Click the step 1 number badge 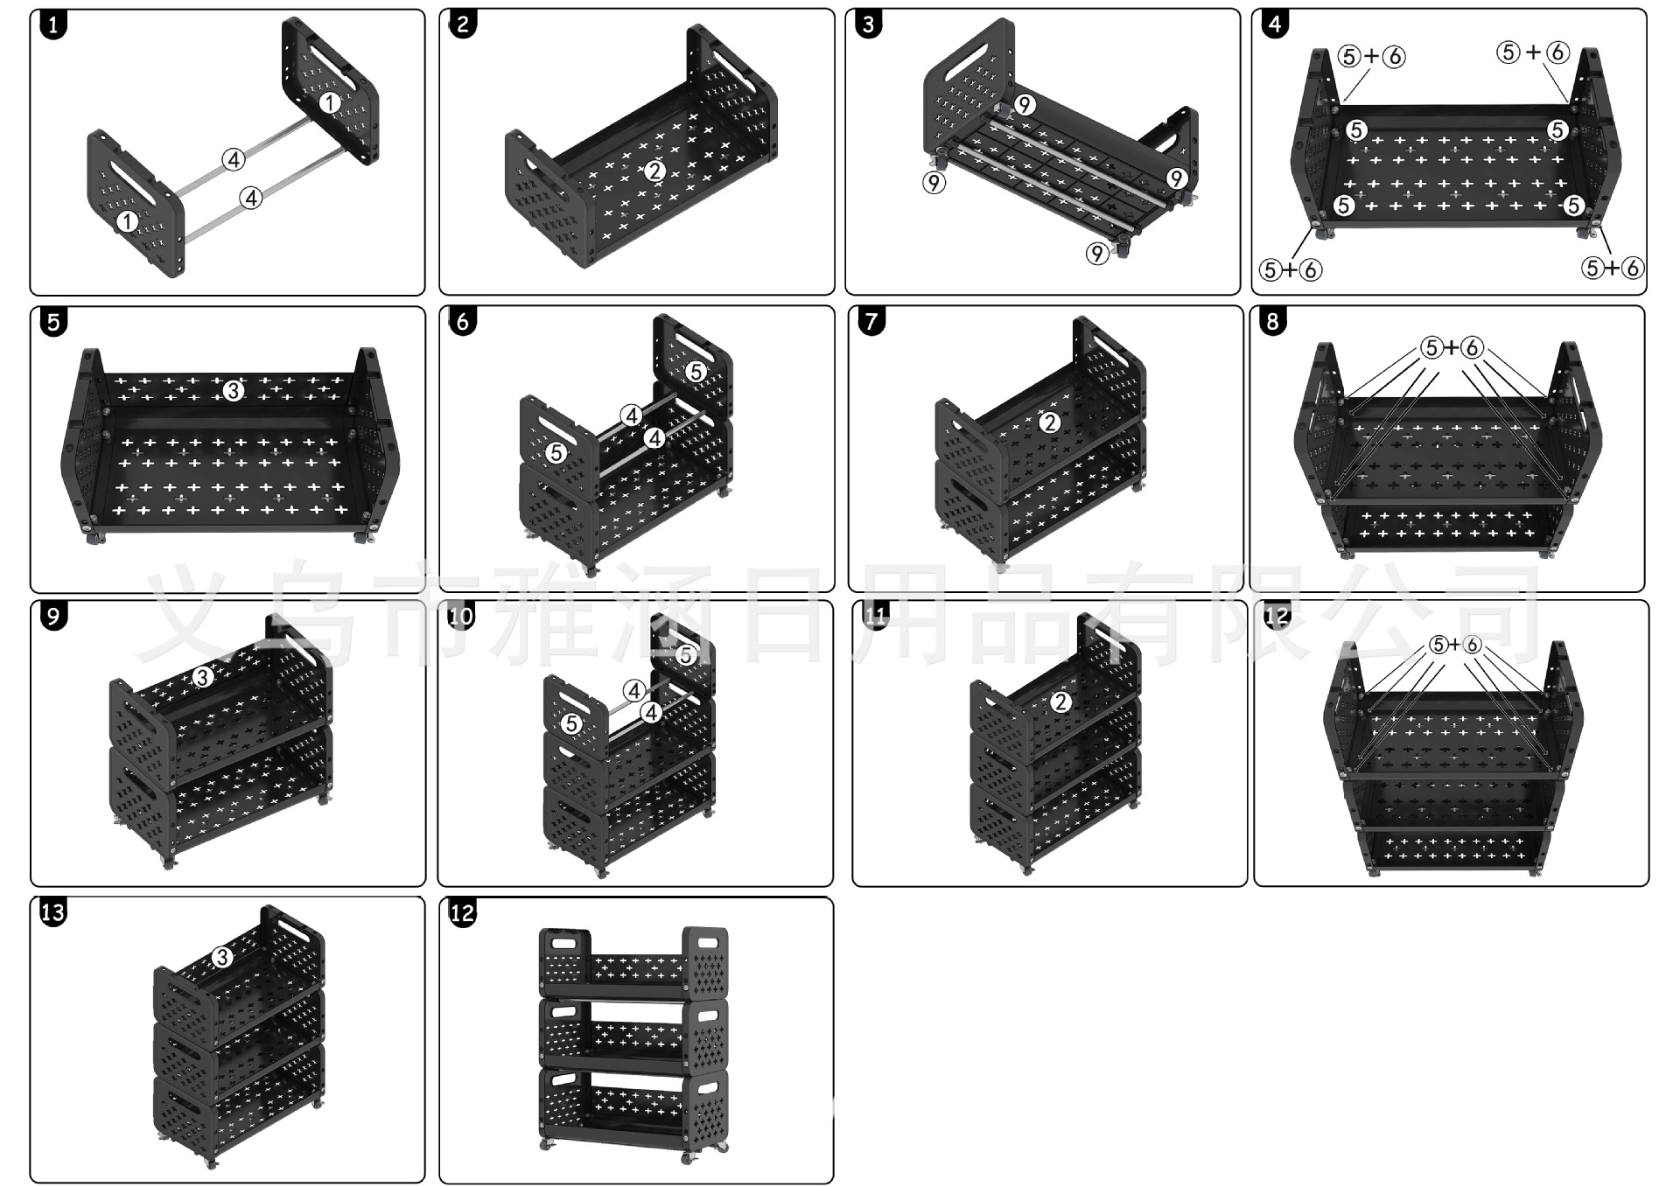(x=53, y=24)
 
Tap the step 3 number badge (x=868, y=24)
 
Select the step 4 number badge (x=1275, y=24)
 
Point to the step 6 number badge (x=462, y=321)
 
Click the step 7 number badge (x=871, y=321)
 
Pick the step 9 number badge (x=53, y=617)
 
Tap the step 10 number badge (x=460, y=617)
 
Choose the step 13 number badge (x=53, y=912)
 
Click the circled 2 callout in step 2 (x=655, y=171)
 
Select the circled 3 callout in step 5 (x=233, y=391)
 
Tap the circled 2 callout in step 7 (x=1050, y=423)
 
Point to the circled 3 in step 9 (x=202, y=676)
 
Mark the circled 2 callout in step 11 (x=1060, y=702)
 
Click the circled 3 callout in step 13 (x=221, y=958)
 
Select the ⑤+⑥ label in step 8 (x=1452, y=348)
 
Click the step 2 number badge (x=462, y=24)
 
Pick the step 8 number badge (x=1273, y=321)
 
